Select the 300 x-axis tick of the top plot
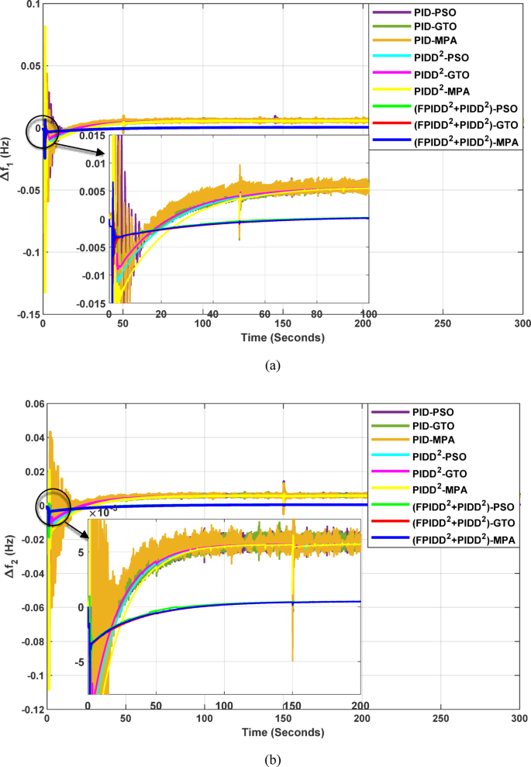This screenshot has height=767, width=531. (x=522, y=323)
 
